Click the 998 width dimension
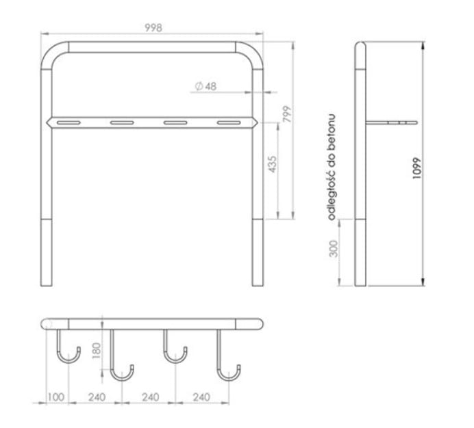153,28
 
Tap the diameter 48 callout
206,86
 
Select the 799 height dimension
288,113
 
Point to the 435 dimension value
273,164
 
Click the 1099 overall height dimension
416,168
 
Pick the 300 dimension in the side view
333,248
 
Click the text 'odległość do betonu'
332,167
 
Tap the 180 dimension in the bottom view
96,351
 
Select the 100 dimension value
56,397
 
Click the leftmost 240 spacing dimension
97,397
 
